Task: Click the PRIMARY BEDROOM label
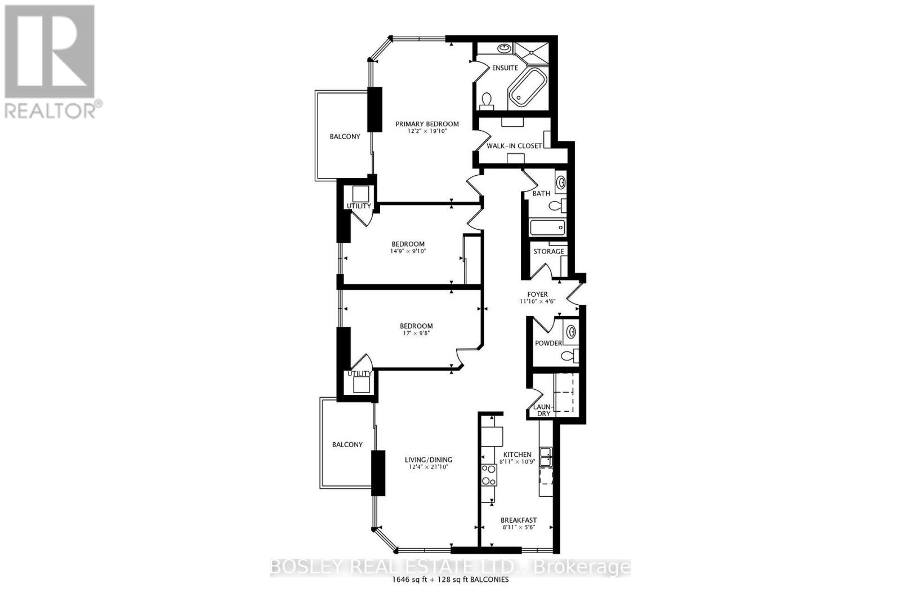tap(427, 124)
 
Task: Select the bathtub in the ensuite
tap(528, 88)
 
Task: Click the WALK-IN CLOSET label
tap(514, 146)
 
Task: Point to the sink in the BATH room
tap(561, 182)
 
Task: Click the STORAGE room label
tap(548, 251)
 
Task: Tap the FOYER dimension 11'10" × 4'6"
tap(537, 301)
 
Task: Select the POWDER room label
tap(548, 343)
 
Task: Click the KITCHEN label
tap(517, 455)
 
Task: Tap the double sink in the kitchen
tap(546, 457)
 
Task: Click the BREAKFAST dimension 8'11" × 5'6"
tap(518, 528)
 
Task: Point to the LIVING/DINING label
tap(429, 460)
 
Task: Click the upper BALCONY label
tap(345, 136)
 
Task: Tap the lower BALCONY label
tap(347, 444)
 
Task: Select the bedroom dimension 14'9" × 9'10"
tap(409, 251)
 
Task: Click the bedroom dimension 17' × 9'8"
tap(416, 333)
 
